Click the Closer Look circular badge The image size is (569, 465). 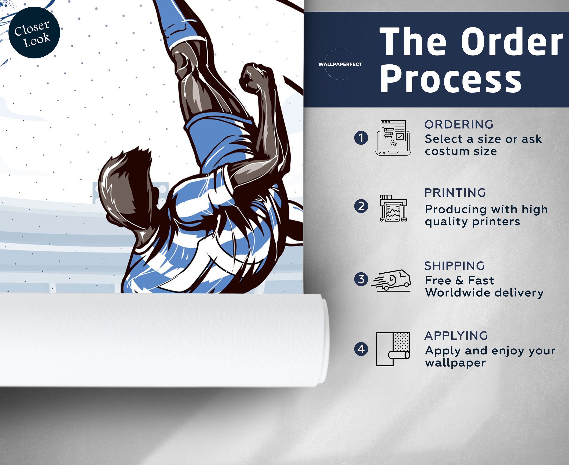[34, 32]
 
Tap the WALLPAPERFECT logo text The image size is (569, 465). [340, 64]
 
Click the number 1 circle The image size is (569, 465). [361, 138]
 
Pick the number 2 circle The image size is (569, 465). [361, 206]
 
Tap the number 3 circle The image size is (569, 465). [361, 279]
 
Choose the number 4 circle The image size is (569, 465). [361, 349]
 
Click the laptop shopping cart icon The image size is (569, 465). [393, 138]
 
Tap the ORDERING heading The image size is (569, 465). [459, 125]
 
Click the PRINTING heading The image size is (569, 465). [455, 193]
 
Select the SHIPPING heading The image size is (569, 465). [455, 266]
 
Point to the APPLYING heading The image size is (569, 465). [456, 336]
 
